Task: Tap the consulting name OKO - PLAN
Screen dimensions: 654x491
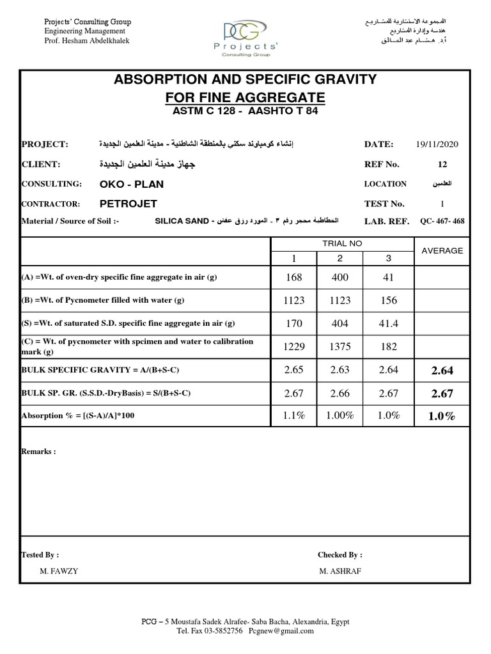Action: [132, 184]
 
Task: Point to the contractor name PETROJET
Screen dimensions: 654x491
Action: [127, 204]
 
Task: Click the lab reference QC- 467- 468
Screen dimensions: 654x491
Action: [443, 222]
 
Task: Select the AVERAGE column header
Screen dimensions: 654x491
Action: [442, 250]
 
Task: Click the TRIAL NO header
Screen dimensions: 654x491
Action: [343, 243]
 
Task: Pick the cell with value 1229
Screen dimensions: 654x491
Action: [294, 346]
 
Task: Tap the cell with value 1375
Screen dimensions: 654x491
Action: [340, 346]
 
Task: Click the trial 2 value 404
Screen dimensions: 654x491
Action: [340, 323]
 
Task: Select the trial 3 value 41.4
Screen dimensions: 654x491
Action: [388, 323]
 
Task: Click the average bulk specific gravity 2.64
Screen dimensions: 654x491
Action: [442, 370]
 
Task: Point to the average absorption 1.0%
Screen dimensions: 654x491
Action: [442, 416]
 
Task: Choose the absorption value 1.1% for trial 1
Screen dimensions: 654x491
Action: [294, 416]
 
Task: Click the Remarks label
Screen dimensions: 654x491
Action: [38, 451]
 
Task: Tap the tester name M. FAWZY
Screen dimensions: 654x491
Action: [59, 570]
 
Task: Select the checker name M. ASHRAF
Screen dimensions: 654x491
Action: [340, 570]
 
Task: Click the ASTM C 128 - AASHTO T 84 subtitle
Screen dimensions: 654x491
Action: [245, 112]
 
